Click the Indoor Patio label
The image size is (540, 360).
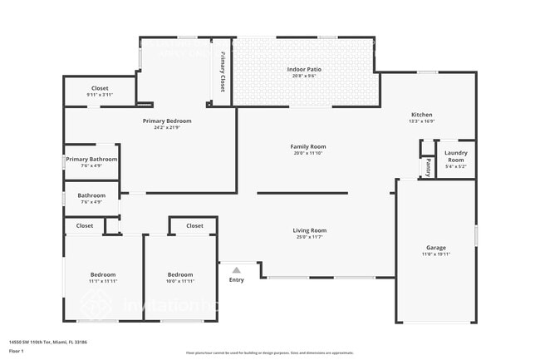[302, 69]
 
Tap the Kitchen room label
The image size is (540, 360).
[422, 115]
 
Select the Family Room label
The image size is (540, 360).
[307, 146]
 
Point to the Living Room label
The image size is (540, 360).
[309, 230]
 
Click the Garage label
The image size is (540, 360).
[436, 248]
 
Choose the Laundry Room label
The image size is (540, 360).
[455, 155]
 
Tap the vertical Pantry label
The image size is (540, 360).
[429, 168]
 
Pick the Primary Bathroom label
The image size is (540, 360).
[91, 159]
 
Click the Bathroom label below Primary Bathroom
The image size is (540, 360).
[91, 195]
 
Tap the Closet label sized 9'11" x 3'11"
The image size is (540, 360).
[100, 88]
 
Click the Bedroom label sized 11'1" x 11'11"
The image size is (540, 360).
[103, 274]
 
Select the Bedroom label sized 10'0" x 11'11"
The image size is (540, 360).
[180, 274]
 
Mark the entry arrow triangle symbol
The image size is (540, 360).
[237, 269]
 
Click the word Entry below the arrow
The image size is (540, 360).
[237, 279]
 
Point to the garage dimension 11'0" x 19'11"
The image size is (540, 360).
[436, 254]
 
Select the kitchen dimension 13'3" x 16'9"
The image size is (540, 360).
[422, 121]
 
